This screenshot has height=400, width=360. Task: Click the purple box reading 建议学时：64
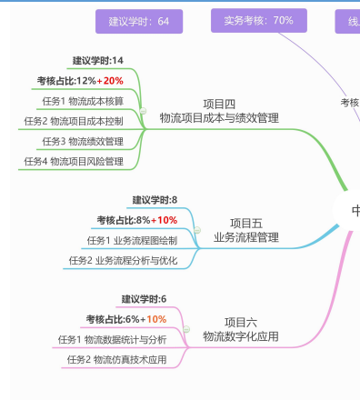pyautogui.click(x=138, y=21)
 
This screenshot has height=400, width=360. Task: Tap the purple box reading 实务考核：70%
pyautogui.click(x=258, y=20)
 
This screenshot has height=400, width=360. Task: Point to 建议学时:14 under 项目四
pyautogui.click(x=98, y=61)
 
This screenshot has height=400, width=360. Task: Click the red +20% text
pyautogui.click(x=114, y=81)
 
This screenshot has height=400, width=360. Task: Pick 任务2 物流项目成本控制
pyautogui.click(x=74, y=121)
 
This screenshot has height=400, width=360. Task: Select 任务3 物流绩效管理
pyautogui.click(x=83, y=141)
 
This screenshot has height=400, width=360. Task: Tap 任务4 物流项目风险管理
pyautogui.click(x=74, y=161)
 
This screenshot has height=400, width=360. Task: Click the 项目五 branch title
pyautogui.click(x=245, y=223)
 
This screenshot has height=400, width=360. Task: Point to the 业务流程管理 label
pyautogui.click(x=245, y=237)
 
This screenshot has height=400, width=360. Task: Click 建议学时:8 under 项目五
pyautogui.click(x=155, y=200)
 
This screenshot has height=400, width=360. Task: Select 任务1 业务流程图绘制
pyautogui.click(x=132, y=240)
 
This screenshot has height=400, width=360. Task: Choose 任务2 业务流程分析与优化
pyautogui.click(x=123, y=260)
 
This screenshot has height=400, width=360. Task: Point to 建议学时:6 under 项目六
pyautogui.click(x=145, y=299)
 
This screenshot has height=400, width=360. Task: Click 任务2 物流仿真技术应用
pyautogui.click(x=117, y=359)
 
